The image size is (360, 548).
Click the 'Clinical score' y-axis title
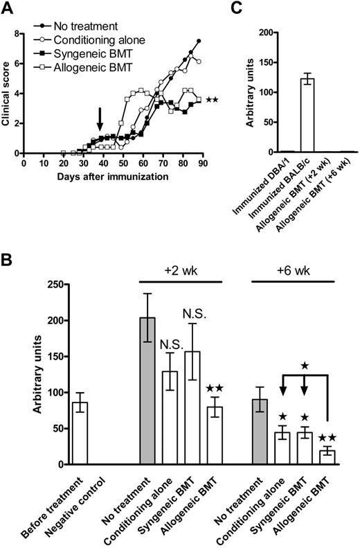click(x=8, y=90)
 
